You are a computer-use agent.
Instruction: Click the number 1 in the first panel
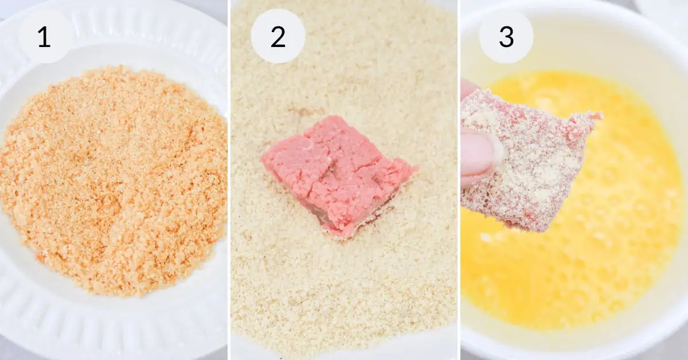[x=44, y=37]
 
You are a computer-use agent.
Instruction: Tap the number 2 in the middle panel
[x=278, y=37]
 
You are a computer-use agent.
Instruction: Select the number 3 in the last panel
[x=506, y=37]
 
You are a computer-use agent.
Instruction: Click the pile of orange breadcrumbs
[x=114, y=181]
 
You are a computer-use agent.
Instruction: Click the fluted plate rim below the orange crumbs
[x=114, y=326]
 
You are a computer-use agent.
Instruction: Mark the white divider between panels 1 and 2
[x=229, y=180]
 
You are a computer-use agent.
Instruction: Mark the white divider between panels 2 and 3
[x=459, y=180]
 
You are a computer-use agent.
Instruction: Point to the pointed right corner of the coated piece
[x=601, y=115]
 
